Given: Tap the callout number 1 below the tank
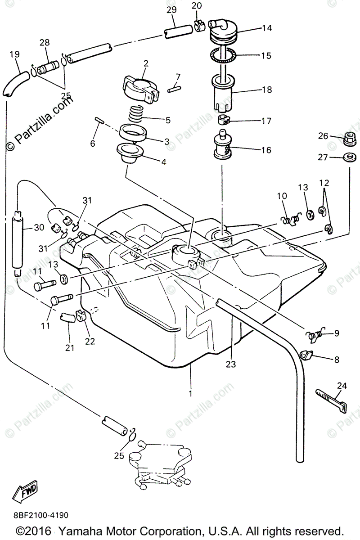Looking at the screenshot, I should pyautogui.click(x=190, y=393).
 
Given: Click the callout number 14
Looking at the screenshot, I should pyautogui.click(x=267, y=28).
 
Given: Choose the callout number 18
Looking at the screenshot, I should pyautogui.click(x=267, y=90).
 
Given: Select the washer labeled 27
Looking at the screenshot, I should pyautogui.click(x=350, y=157).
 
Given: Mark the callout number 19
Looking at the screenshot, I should pyautogui.click(x=14, y=54).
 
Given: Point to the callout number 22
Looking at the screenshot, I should pyautogui.click(x=90, y=341).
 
